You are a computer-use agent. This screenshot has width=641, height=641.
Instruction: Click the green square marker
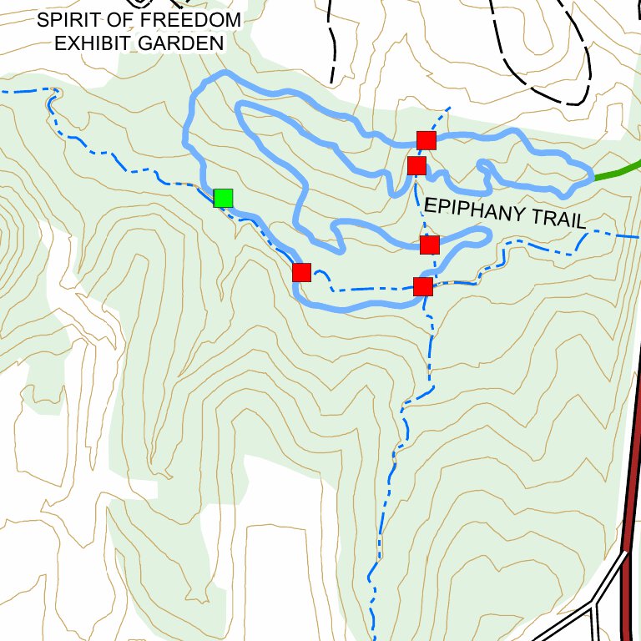[x=223, y=198]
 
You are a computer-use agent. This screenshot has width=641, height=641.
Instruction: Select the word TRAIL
[x=558, y=220]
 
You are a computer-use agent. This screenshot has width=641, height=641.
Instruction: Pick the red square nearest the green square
[x=301, y=272]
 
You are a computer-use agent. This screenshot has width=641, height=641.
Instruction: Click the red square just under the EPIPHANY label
[x=429, y=245]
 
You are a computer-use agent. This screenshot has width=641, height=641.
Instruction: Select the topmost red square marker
[x=426, y=139]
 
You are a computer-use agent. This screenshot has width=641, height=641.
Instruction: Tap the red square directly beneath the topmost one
[x=417, y=165]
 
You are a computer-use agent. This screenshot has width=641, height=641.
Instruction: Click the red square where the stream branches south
[x=423, y=286]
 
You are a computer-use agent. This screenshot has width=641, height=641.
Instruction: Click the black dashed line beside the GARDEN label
[x=333, y=50]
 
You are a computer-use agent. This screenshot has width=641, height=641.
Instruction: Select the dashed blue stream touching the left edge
[x=17, y=91]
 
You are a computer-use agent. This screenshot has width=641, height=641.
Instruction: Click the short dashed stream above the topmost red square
[x=442, y=116]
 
